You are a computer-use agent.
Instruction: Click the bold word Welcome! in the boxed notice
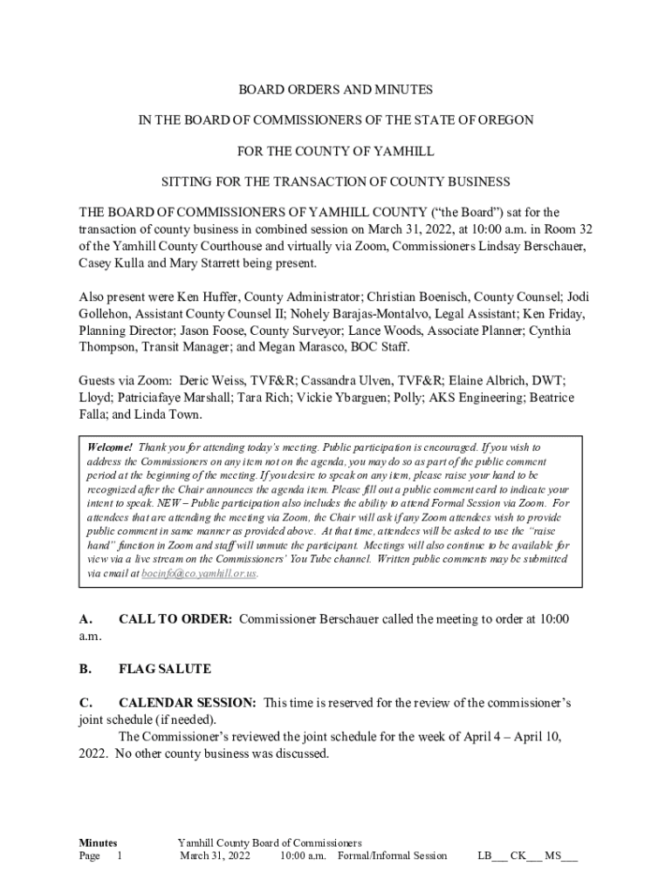point(110,446)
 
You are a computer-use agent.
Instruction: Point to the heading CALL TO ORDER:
point(175,619)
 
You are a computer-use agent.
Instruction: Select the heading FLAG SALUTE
point(165,669)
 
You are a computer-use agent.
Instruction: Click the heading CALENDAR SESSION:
point(188,702)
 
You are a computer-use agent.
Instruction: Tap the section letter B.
point(85,669)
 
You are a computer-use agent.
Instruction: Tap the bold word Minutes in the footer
point(99,843)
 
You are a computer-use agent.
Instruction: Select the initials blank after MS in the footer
point(568,856)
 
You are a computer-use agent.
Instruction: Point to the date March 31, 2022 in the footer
point(215,856)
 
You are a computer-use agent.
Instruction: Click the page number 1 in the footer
point(120,856)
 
